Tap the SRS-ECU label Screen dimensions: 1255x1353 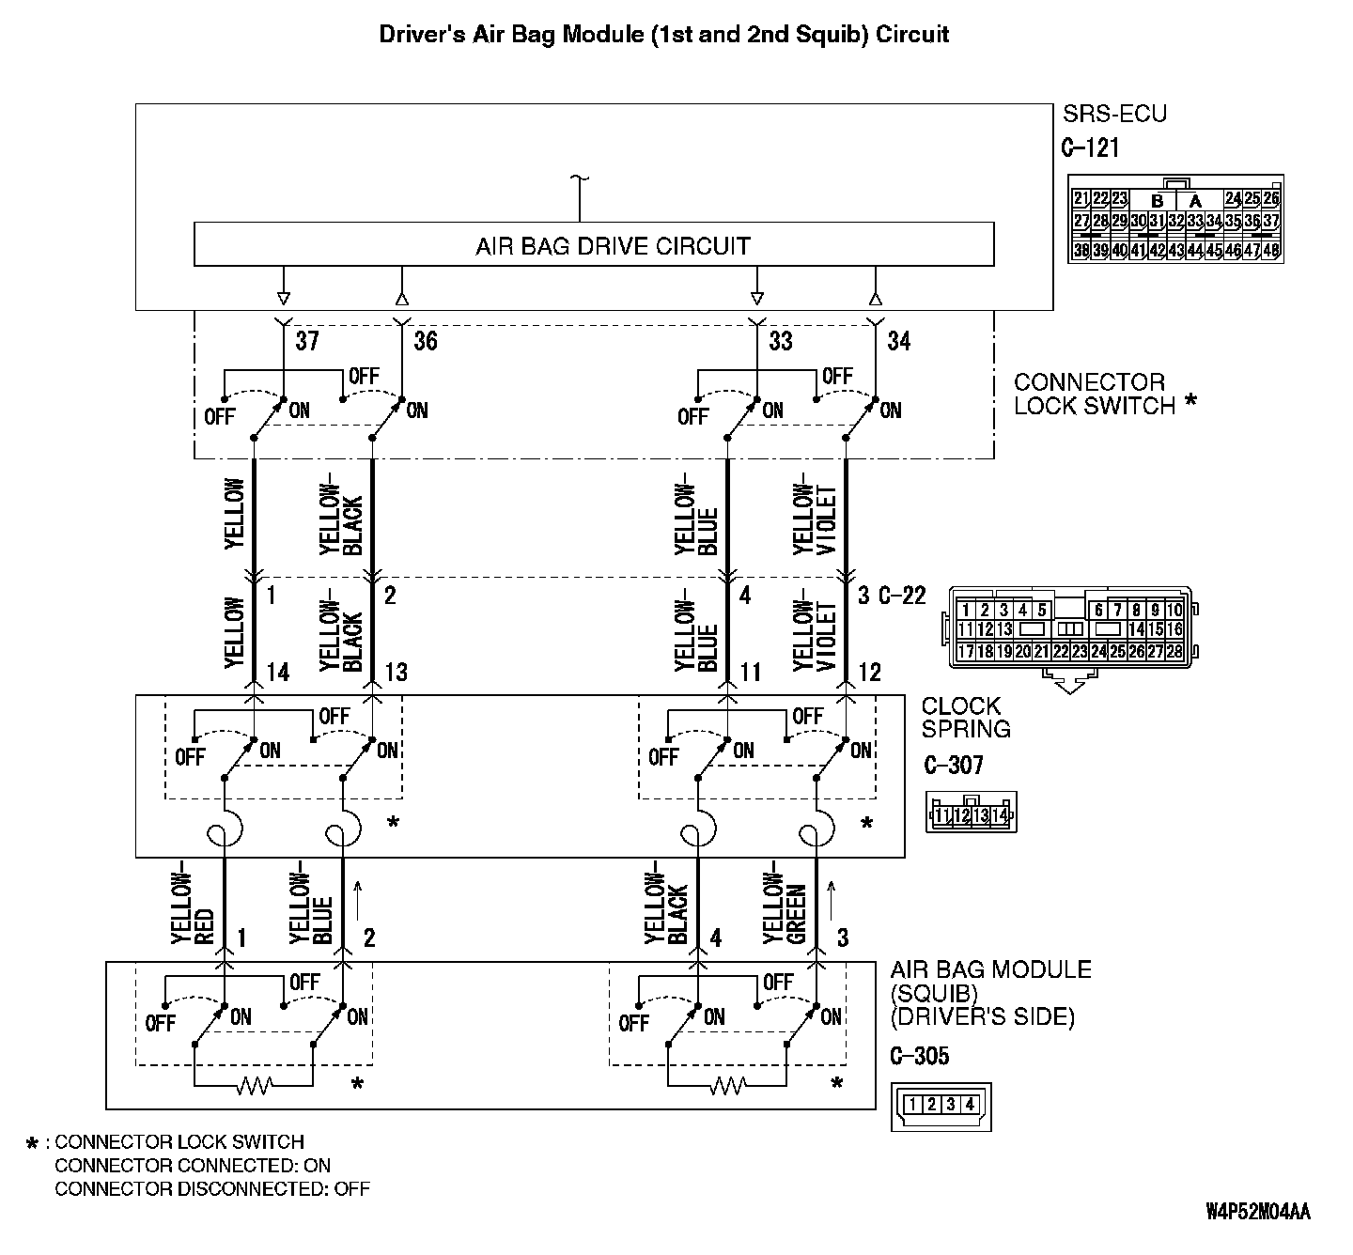pos(1114,115)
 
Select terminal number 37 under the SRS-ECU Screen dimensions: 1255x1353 pos(307,341)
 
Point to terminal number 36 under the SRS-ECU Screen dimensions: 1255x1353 pos(426,341)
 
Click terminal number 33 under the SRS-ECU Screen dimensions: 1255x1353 pos(781,341)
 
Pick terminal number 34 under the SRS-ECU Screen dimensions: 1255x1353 pos(899,341)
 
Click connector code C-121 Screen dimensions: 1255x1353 pos(1090,147)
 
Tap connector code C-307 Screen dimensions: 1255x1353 pos(954,765)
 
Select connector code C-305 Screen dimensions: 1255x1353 pos(920,1056)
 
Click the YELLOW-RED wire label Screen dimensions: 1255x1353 pos(194,902)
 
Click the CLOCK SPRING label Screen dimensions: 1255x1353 pos(966,717)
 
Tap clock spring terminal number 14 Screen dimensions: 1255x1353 pos(277,672)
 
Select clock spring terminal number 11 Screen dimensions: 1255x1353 pos(751,672)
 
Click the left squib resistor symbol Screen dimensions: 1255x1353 pos(254,1087)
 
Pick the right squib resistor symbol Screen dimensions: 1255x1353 pos(726,1087)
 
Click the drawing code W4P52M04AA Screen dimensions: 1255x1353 pos(1257,1211)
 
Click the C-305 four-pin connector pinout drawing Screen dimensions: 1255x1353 pos(941,1105)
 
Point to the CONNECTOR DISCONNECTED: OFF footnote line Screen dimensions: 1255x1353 pos(212,1189)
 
